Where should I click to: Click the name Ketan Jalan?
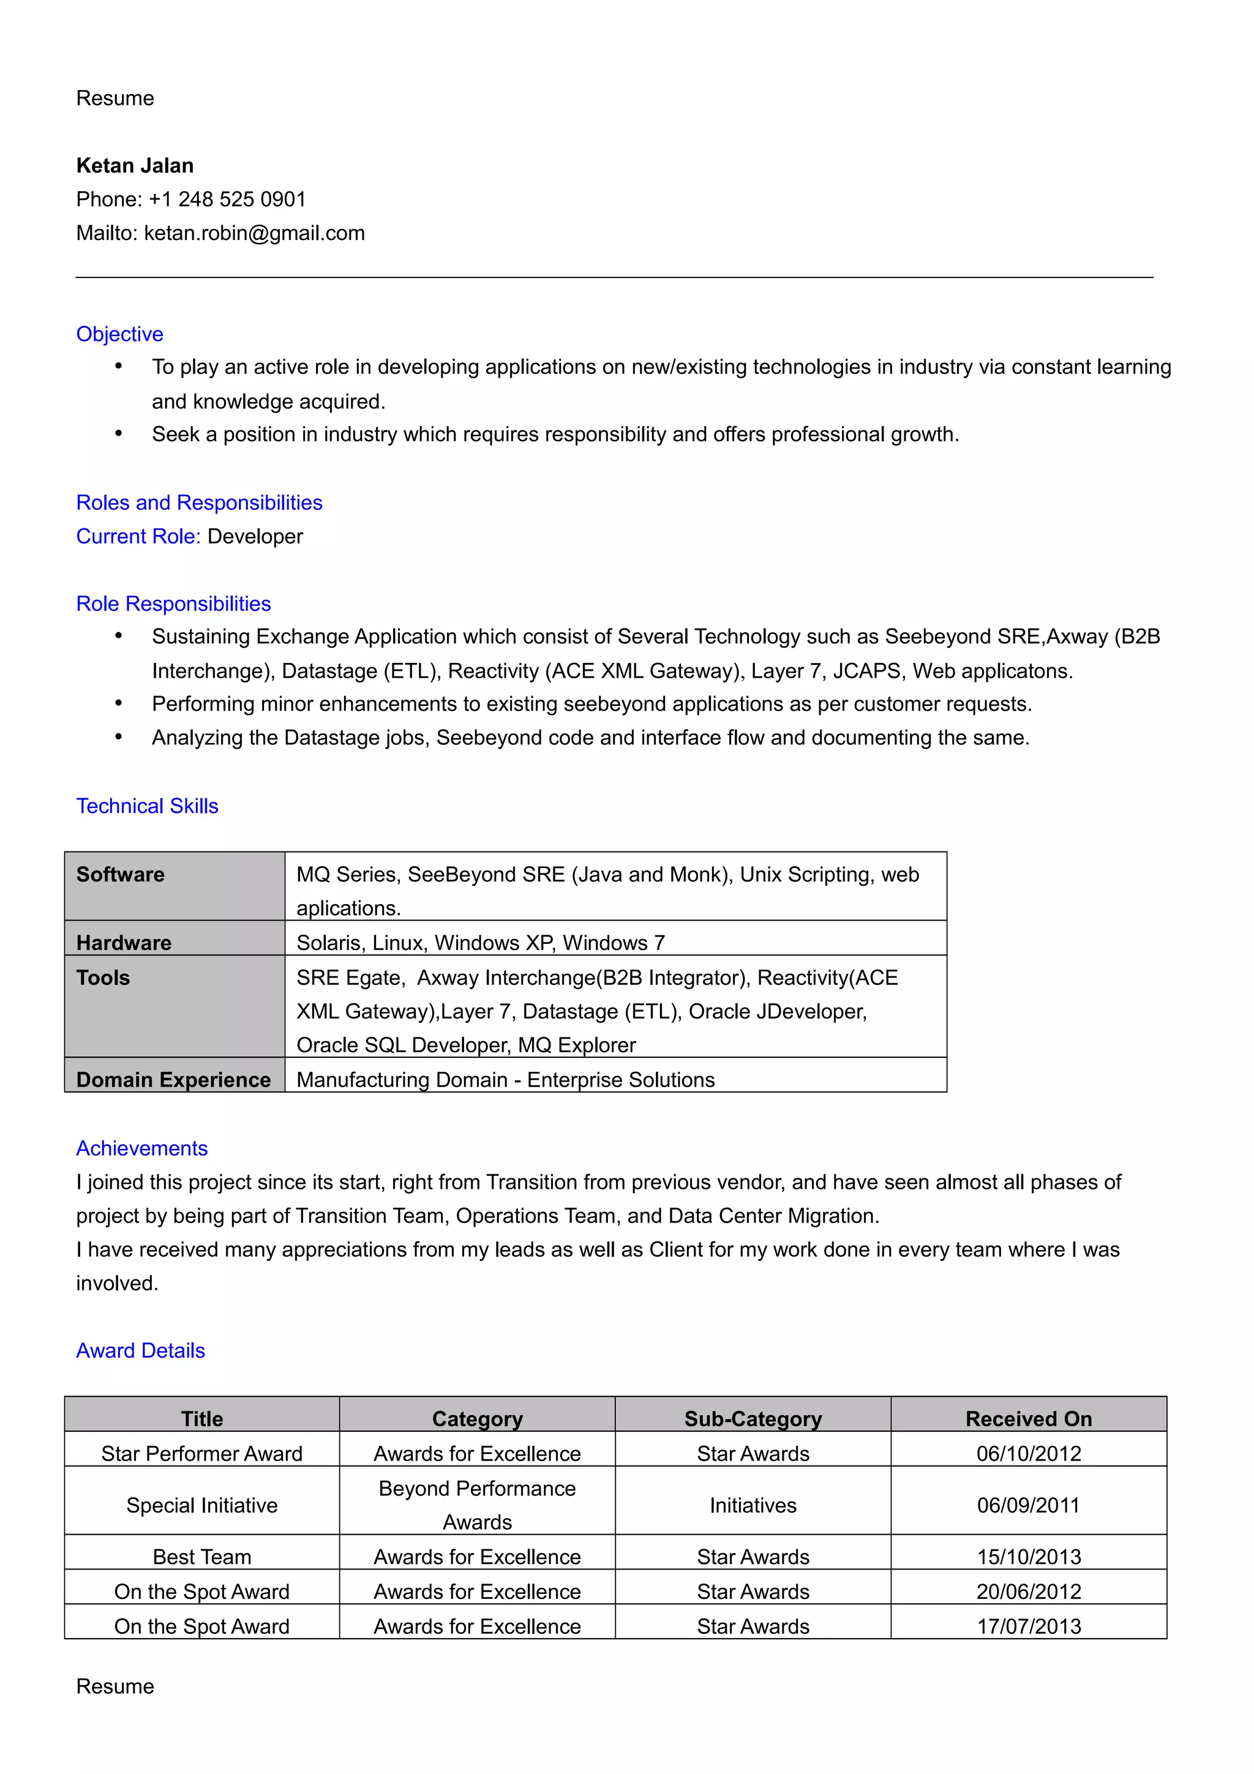(135, 165)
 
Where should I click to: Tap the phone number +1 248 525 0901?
(227, 200)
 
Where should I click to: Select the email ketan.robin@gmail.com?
(254, 233)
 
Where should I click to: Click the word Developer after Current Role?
(255, 536)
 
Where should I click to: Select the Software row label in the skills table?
(121, 875)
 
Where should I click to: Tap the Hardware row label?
(124, 943)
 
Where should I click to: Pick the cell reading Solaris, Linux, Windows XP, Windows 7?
(481, 943)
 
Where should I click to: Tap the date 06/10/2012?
(1029, 1453)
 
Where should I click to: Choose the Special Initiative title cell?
(201, 1505)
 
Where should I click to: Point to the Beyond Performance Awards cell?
(477, 1505)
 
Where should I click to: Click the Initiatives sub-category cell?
(753, 1505)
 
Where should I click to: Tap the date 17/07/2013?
(1029, 1626)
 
